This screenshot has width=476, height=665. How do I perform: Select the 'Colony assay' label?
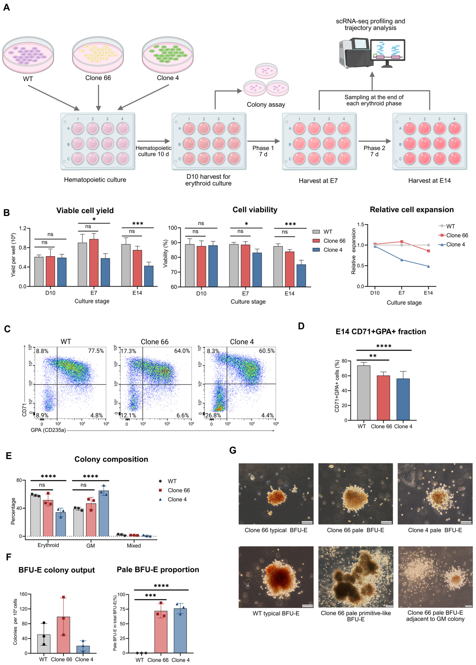click(x=266, y=105)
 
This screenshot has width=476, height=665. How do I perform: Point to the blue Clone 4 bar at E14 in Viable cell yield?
click(x=149, y=276)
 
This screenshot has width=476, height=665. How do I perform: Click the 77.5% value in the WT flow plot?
click(x=96, y=351)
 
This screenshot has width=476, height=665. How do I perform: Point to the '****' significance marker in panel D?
click(x=384, y=346)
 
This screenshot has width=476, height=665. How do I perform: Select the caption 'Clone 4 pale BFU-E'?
click(x=435, y=530)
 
